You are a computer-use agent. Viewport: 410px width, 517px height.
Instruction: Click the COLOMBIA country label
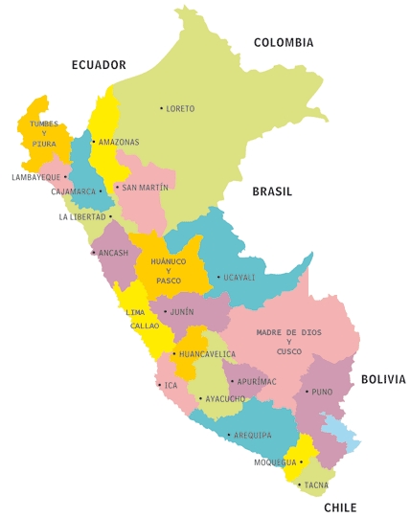283,42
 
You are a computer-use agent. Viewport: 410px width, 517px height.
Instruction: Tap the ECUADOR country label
99,65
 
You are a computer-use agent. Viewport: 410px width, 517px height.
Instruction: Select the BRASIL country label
272,191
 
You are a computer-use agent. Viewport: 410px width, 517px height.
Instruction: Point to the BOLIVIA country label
383,379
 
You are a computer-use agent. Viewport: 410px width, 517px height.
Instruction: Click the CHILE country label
340,507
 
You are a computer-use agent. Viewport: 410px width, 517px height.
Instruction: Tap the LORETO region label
180,108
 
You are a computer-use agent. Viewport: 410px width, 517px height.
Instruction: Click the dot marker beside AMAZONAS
93,142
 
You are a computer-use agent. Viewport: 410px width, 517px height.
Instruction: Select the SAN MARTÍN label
145,188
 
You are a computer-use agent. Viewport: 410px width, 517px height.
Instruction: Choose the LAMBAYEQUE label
35,177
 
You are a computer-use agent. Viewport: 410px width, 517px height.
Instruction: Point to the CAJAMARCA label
74,191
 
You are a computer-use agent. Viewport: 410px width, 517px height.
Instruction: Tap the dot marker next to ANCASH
93,253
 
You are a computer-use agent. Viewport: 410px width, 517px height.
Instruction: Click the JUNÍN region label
181,311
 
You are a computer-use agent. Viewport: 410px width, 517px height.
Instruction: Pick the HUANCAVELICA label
207,354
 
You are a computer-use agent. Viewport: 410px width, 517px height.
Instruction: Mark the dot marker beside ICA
159,385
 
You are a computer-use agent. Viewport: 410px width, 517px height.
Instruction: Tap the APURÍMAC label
256,381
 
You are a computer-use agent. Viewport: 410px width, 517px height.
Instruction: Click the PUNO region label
322,391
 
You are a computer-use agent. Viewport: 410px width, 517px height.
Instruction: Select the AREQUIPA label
252,436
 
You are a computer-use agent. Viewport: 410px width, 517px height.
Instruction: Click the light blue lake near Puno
341,432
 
